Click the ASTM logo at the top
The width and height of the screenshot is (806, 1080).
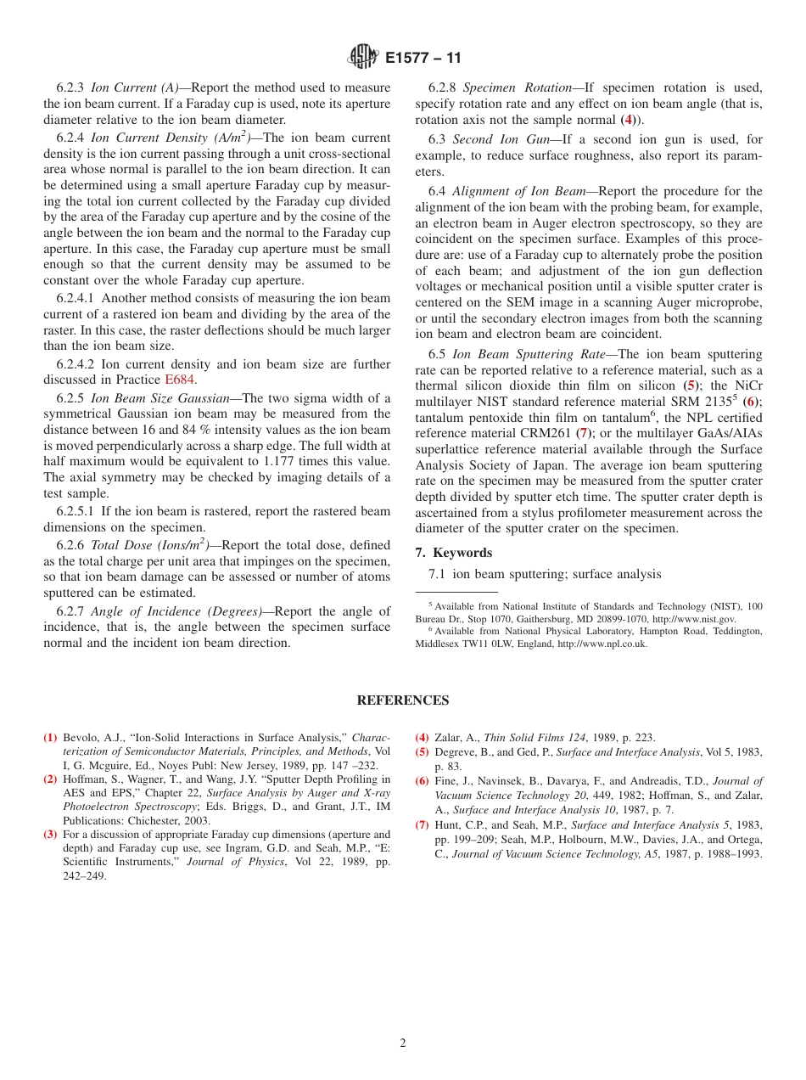coord(363,58)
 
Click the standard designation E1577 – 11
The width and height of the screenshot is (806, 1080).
coord(423,59)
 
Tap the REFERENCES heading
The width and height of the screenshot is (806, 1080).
coord(403,700)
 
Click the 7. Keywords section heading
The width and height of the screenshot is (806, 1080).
coord(453,553)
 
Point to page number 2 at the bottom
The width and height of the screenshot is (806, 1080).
coord(403,1043)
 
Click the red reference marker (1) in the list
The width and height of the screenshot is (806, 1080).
coord(50,738)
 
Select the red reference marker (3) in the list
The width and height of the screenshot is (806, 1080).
coord(50,835)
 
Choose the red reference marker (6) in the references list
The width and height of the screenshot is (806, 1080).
coord(422,781)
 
